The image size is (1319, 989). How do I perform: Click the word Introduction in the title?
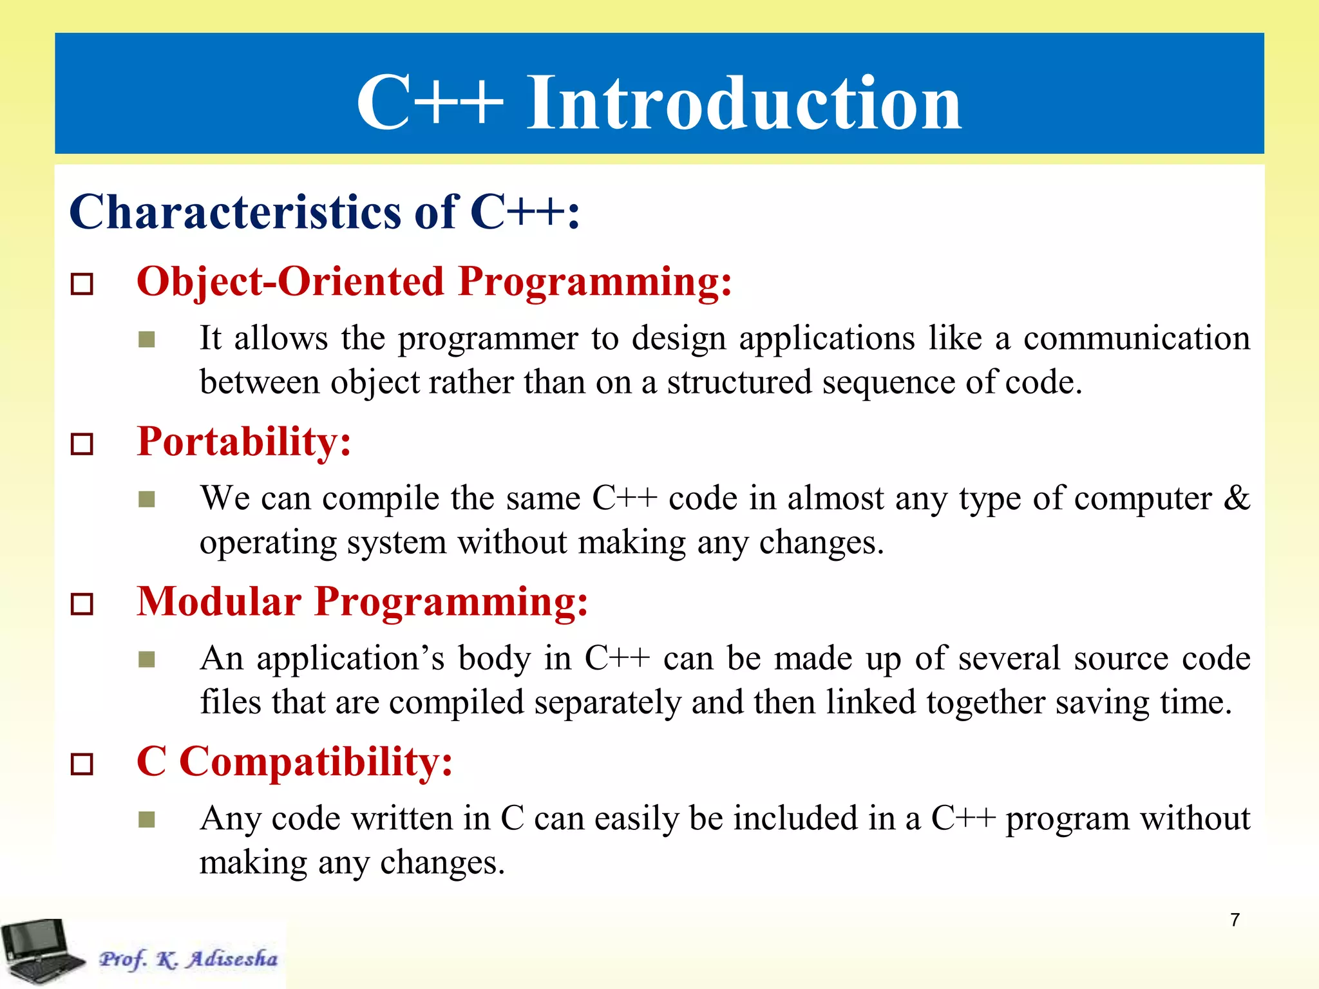[744, 103]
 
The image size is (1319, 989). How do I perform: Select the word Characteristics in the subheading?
[236, 212]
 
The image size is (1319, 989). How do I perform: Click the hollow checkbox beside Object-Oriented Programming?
[82, 284]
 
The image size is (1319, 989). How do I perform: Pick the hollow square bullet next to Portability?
[82, 444]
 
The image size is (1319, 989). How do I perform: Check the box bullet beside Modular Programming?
[82, 604]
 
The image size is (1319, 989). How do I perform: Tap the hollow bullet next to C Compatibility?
[82, 764]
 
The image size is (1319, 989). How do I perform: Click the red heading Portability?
[244, 443]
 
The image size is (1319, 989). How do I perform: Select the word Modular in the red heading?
[219, 603]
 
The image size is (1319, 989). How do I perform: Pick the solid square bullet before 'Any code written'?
[147, 820]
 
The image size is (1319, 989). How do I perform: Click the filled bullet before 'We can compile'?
[147, 500]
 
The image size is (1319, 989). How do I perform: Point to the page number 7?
[1235, 920]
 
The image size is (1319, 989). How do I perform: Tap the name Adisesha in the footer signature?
[232, 959]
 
